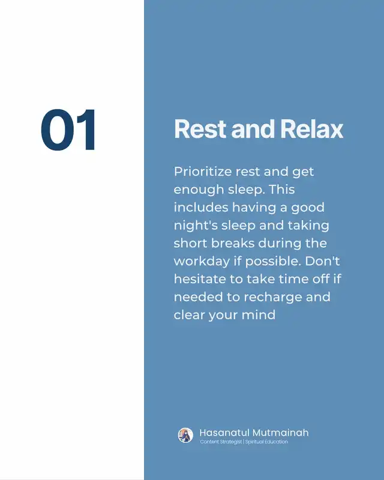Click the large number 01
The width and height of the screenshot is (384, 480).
(68, 130)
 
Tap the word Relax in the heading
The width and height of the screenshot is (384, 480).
(312, 129)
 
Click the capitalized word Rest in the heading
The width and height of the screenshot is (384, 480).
(200, 129)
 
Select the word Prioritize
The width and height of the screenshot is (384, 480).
(203, 172)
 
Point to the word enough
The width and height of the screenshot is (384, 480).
(199, 190)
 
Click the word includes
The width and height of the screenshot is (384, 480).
(201, 207)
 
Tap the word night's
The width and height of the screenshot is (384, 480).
(196, 226)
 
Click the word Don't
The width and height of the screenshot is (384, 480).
(322, 261)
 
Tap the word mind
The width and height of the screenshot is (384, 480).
(259, 314)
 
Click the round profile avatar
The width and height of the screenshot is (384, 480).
(185, 436)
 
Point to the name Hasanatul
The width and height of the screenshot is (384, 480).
(224, 433)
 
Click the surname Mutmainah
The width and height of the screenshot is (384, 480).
(281, 433)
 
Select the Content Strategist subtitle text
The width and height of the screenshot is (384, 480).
(221, 442)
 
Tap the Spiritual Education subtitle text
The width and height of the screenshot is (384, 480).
(266, 442)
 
